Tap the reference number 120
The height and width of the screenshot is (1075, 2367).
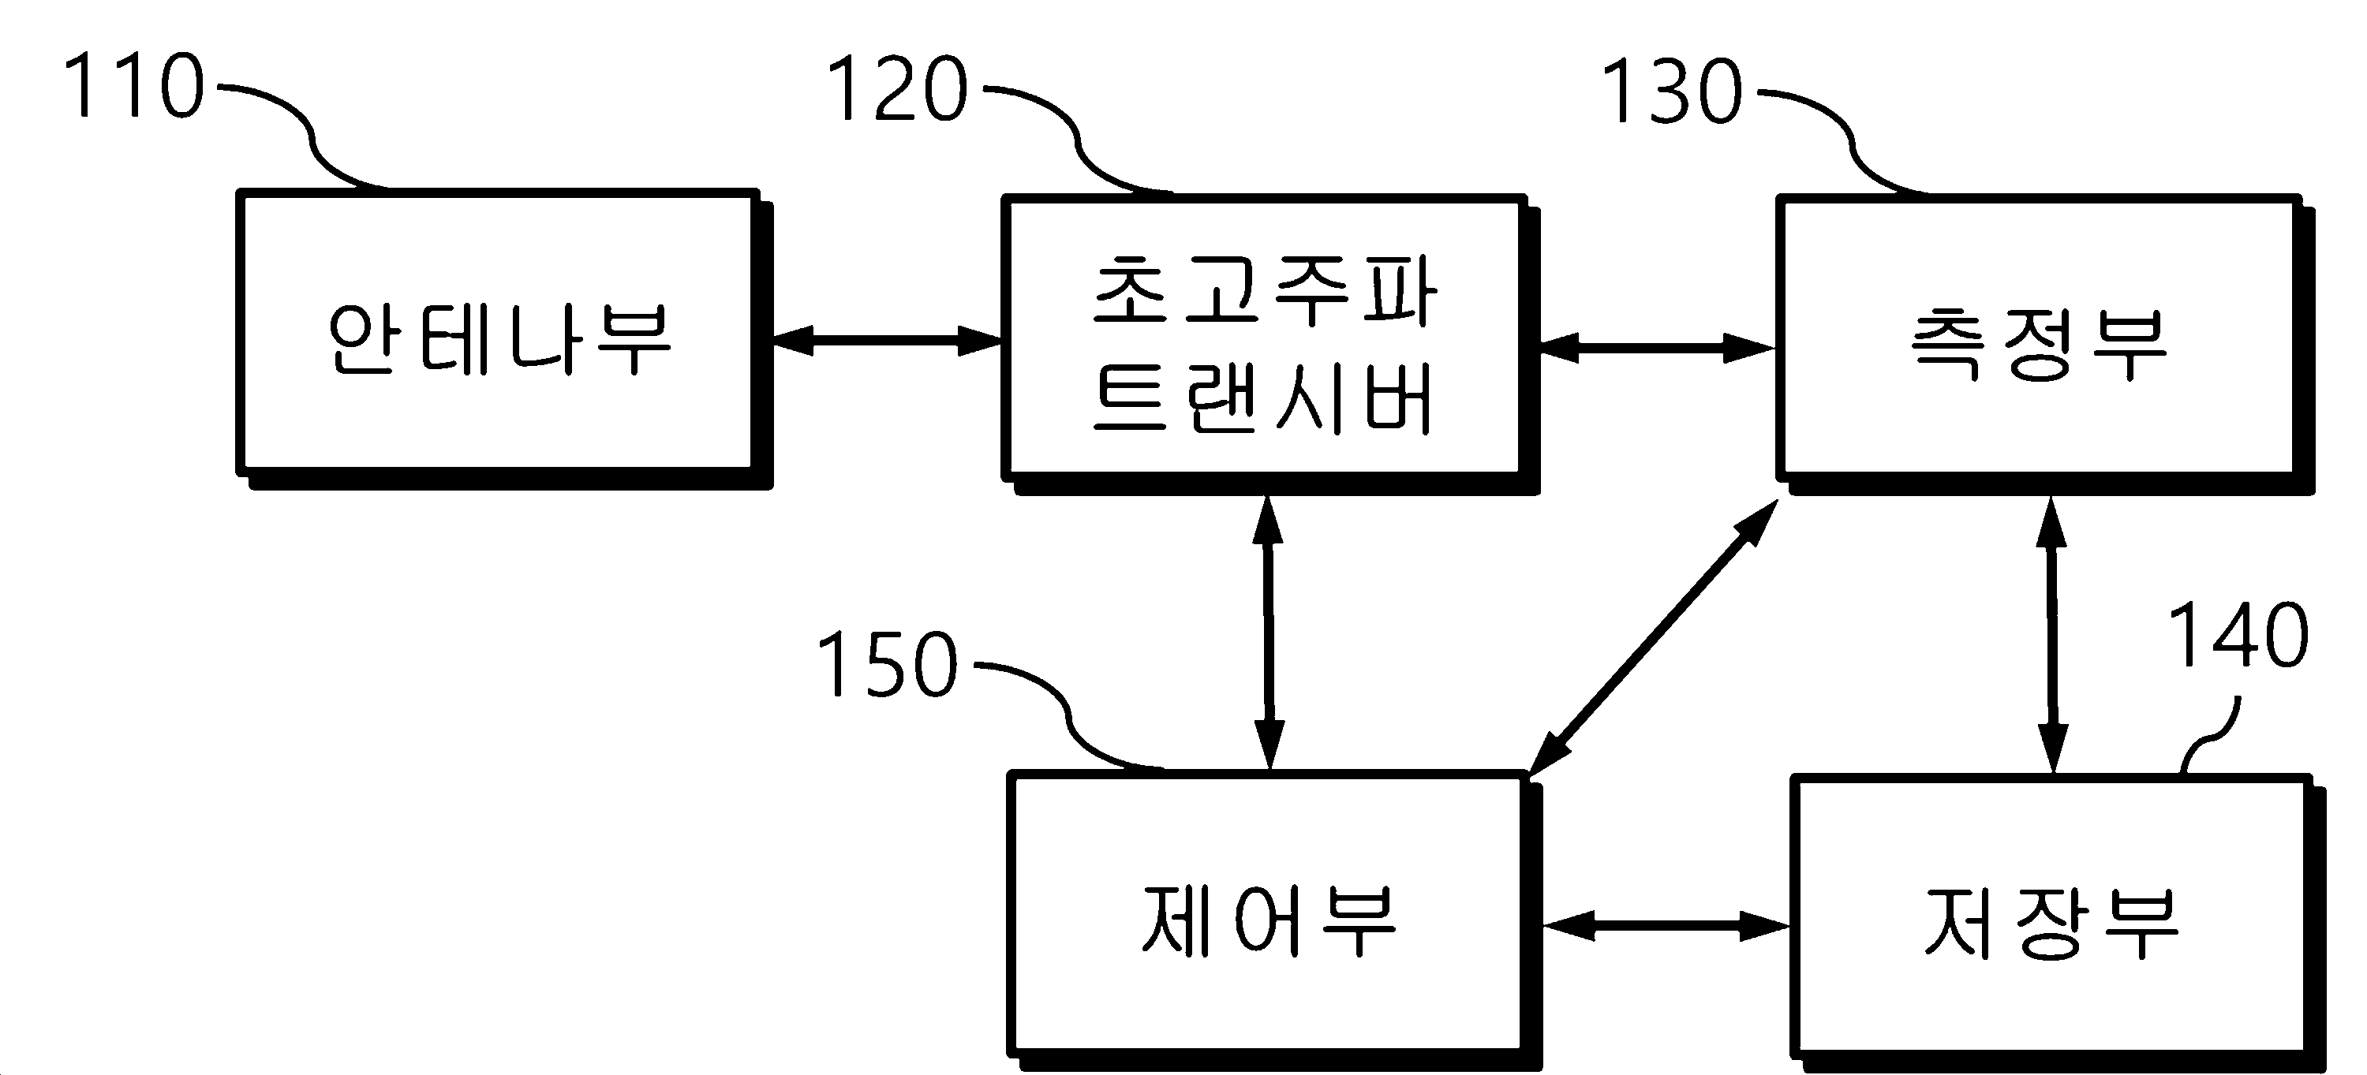point(898,89)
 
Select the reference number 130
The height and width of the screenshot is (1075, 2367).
point(1673,91)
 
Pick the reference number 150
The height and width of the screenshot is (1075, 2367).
point(887,663)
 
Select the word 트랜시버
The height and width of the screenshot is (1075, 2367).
point(1262,399)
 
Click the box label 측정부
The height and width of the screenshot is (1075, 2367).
point(2039,344)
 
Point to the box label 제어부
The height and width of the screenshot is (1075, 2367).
point(1269,920)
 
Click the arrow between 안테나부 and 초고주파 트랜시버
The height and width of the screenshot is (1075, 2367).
point(887,340)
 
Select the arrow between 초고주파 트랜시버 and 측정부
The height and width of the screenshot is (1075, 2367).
point(1656,347)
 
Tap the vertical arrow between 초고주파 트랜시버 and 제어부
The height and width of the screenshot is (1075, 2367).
point(1268,632)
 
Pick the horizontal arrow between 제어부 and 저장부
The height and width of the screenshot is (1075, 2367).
point(1666,926)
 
